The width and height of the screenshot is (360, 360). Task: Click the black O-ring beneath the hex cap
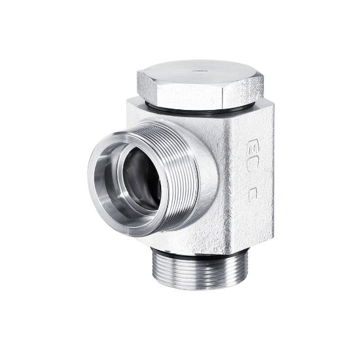196,106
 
